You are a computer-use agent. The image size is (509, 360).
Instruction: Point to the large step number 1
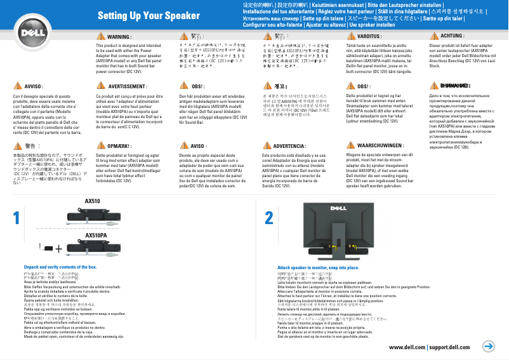click(x=16, y=218)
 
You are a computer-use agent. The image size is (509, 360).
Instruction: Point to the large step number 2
click(x=268, y=218)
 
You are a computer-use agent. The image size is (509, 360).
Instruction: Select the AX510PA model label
click(x=95, y=235)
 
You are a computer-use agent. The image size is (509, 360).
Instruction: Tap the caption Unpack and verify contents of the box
click(x=60, y=267)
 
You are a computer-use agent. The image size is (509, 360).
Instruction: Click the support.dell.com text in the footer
click(x=449, y=347)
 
